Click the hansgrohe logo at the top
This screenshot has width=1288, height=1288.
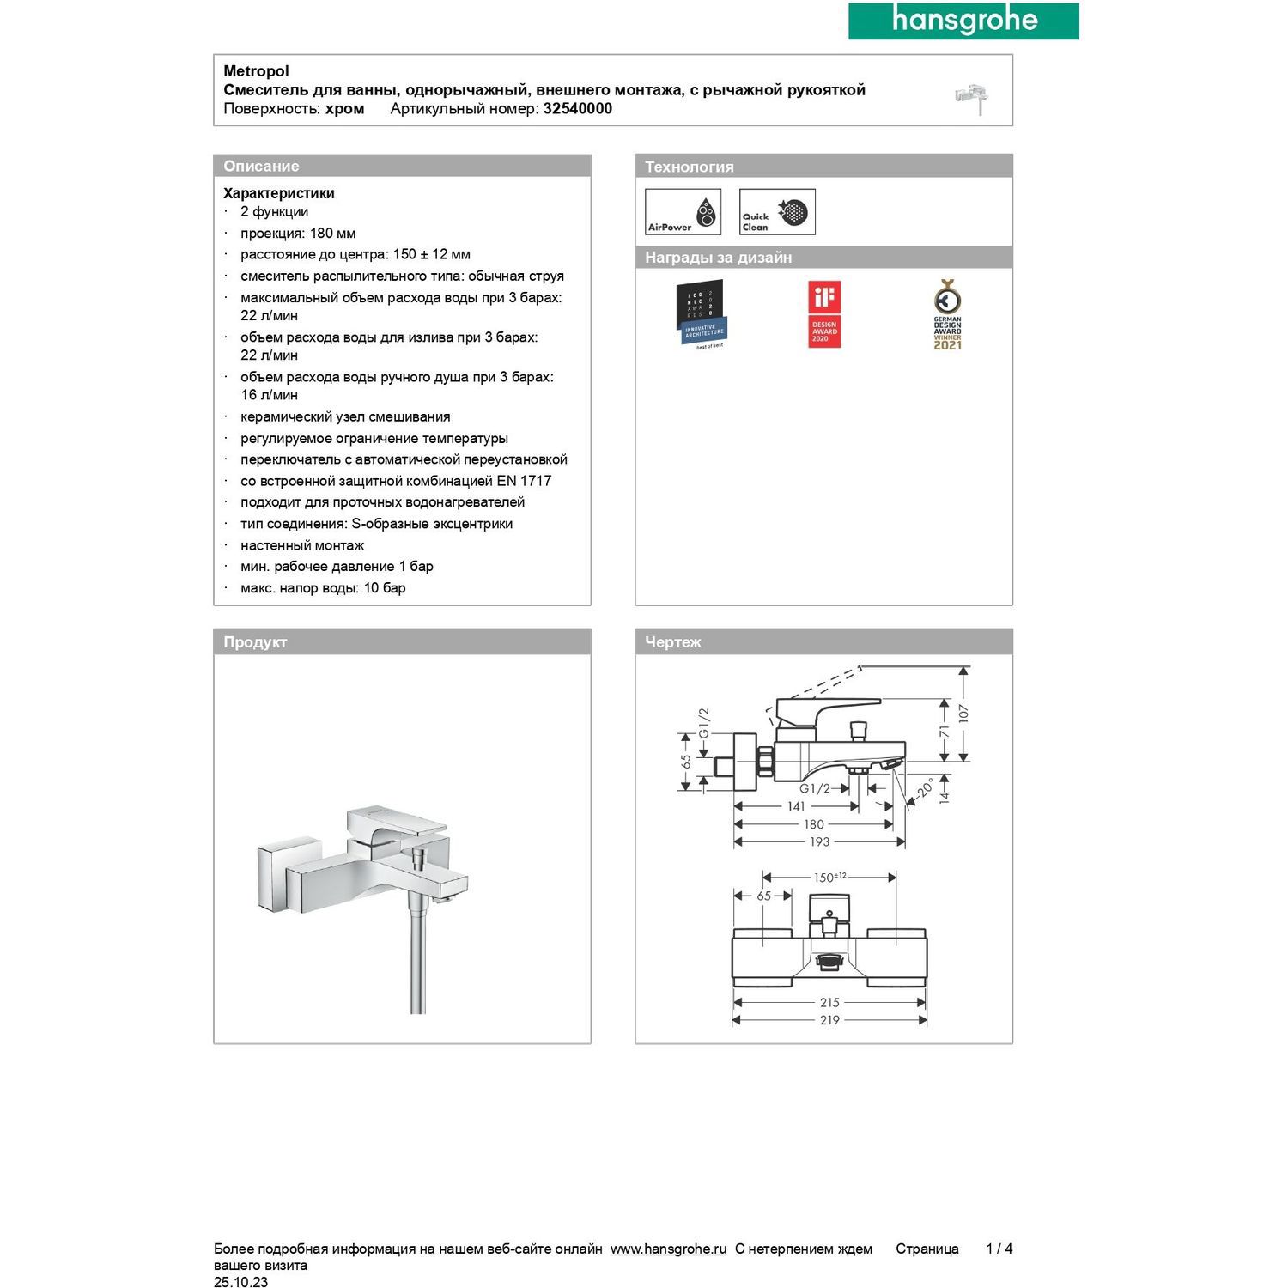[963, 21]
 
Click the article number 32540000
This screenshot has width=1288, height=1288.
[577, 109]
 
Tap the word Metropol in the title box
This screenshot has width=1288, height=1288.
[256, 71]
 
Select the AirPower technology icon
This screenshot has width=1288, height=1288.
[683, 212]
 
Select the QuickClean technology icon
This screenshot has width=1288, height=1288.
[777, 212]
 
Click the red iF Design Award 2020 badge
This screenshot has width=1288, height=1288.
[824, 314]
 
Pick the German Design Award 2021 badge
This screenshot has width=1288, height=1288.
[947, 314]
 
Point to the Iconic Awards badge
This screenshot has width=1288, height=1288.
[700, 314]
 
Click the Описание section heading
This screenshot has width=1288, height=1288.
[261, 167]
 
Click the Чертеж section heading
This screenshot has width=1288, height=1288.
[673, 642]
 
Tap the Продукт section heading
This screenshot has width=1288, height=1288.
[255, 642]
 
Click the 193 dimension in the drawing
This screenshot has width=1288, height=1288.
[819, 842]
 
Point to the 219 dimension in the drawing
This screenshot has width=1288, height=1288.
[829, 1020]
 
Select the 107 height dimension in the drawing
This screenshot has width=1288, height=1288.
[963, 713]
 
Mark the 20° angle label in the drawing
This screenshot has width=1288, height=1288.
[925, 787]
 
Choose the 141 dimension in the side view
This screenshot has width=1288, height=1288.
[796, 806]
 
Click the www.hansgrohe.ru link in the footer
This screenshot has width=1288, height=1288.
[668, 1249]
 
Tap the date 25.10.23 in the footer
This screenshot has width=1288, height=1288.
[240, 1282]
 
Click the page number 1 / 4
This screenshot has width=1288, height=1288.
[999, 1249]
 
